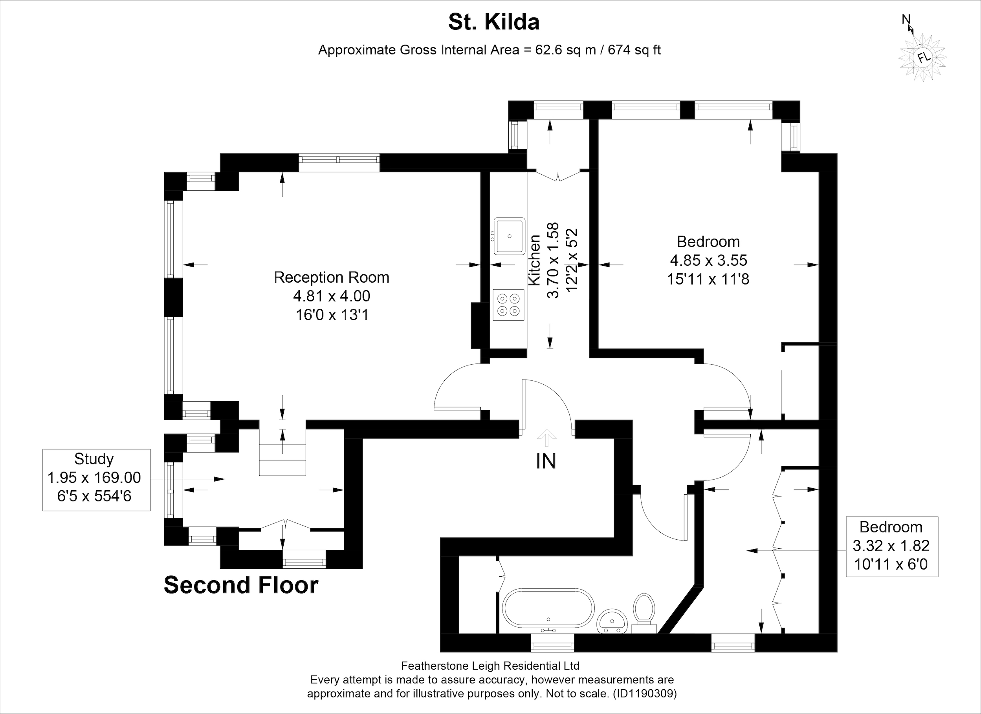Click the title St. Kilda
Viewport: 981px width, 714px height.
tap(493, 22)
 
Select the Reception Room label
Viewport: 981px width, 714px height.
tap(331, 277)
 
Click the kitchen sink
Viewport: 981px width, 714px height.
tap(510, 236)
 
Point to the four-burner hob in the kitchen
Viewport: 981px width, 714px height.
tap(509, 305)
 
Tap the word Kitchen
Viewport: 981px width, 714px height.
tap(535, 260)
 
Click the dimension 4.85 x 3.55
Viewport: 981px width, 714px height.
tap(708, 260)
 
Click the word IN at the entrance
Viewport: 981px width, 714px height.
tap(546, 462)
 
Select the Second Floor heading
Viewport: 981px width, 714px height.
tap(241, 585)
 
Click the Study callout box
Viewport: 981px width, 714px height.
tap(96, 480)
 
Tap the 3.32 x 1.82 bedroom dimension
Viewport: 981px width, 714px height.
tap(891, 546)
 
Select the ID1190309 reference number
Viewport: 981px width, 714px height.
tap(644, 694)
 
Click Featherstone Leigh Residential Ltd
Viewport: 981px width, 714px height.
tap(490, 666)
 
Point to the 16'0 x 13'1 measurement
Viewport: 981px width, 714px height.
tap(332, 315)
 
